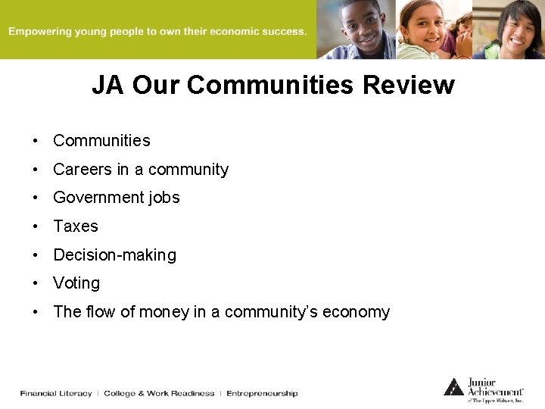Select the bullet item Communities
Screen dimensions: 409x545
coord(101,141)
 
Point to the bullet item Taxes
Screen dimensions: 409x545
coord(76,226)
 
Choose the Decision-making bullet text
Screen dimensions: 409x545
coord(114,255)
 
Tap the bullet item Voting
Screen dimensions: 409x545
coord(76,283)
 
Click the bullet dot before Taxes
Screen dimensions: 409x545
coord(36,226)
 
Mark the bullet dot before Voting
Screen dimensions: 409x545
coord(36,283)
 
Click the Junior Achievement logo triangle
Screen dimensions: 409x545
coord(453,387)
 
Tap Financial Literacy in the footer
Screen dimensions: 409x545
coord(56,393)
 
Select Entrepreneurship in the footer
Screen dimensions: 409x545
coord(262,393)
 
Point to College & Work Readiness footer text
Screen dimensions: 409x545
coord(159,393)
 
